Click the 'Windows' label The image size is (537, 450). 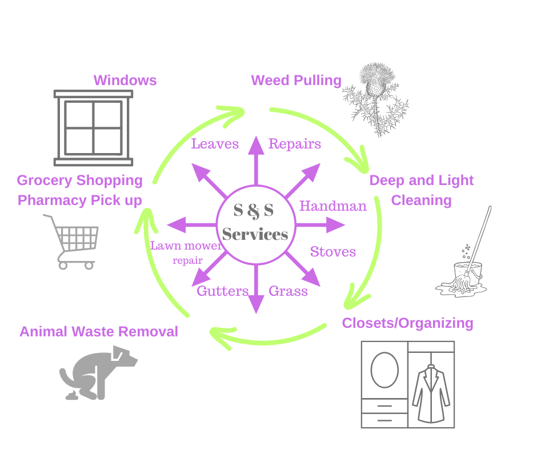click(x=125, y=81)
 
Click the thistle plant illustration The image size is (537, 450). click(x=376, y=99)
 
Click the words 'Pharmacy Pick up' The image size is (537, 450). click(x=80, y=200)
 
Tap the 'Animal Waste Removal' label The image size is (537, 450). click(x=99, y=332)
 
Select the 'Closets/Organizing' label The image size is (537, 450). click(x=407, y=323)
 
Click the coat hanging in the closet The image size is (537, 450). click(x=431, y=394)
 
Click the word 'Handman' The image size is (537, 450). click(x=333, y=206)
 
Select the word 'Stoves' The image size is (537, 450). click(x=333, y=252)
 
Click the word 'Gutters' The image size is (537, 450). click(x=223, y=291)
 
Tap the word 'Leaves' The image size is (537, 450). click(x=215, y=144)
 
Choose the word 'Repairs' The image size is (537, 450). click(x=295, y=144)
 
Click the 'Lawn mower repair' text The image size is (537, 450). click(x=186, y=253)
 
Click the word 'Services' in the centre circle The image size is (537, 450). click(x=255, y=235)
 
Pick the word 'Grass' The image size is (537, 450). click(x=288, y=291)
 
